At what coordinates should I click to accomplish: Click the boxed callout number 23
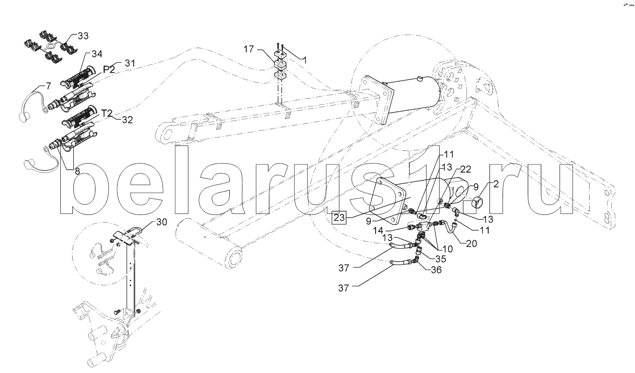click(x=339, y=218)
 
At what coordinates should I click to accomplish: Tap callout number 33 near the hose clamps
click(x=83, y=36)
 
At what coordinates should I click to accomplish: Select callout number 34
click(x=97, y=54)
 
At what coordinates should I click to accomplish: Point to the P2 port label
click(x=109, y=69)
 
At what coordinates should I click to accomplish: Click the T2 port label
click(x=107, y=114)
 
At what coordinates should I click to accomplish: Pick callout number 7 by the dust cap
click(x=49, y=86)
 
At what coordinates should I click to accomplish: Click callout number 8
click(x=77, y=171)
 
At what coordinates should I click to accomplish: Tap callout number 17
click(x=249, y=50)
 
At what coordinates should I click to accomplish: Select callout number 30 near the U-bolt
click(x=162, y=222)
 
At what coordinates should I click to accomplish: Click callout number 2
click(x=496, y=184)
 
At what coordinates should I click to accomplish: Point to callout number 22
click(x=466, y=169)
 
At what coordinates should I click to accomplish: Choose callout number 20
click(x=472, y=243)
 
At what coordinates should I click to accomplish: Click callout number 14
click(x=378, y=231)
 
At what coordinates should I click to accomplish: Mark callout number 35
click(x=440, y=259)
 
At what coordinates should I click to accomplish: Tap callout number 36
click(x=436, y=270)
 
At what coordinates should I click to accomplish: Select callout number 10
click(x=447, y=249)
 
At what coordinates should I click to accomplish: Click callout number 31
click(x=130, y=63)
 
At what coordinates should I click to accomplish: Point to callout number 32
click(x=127, y=120)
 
